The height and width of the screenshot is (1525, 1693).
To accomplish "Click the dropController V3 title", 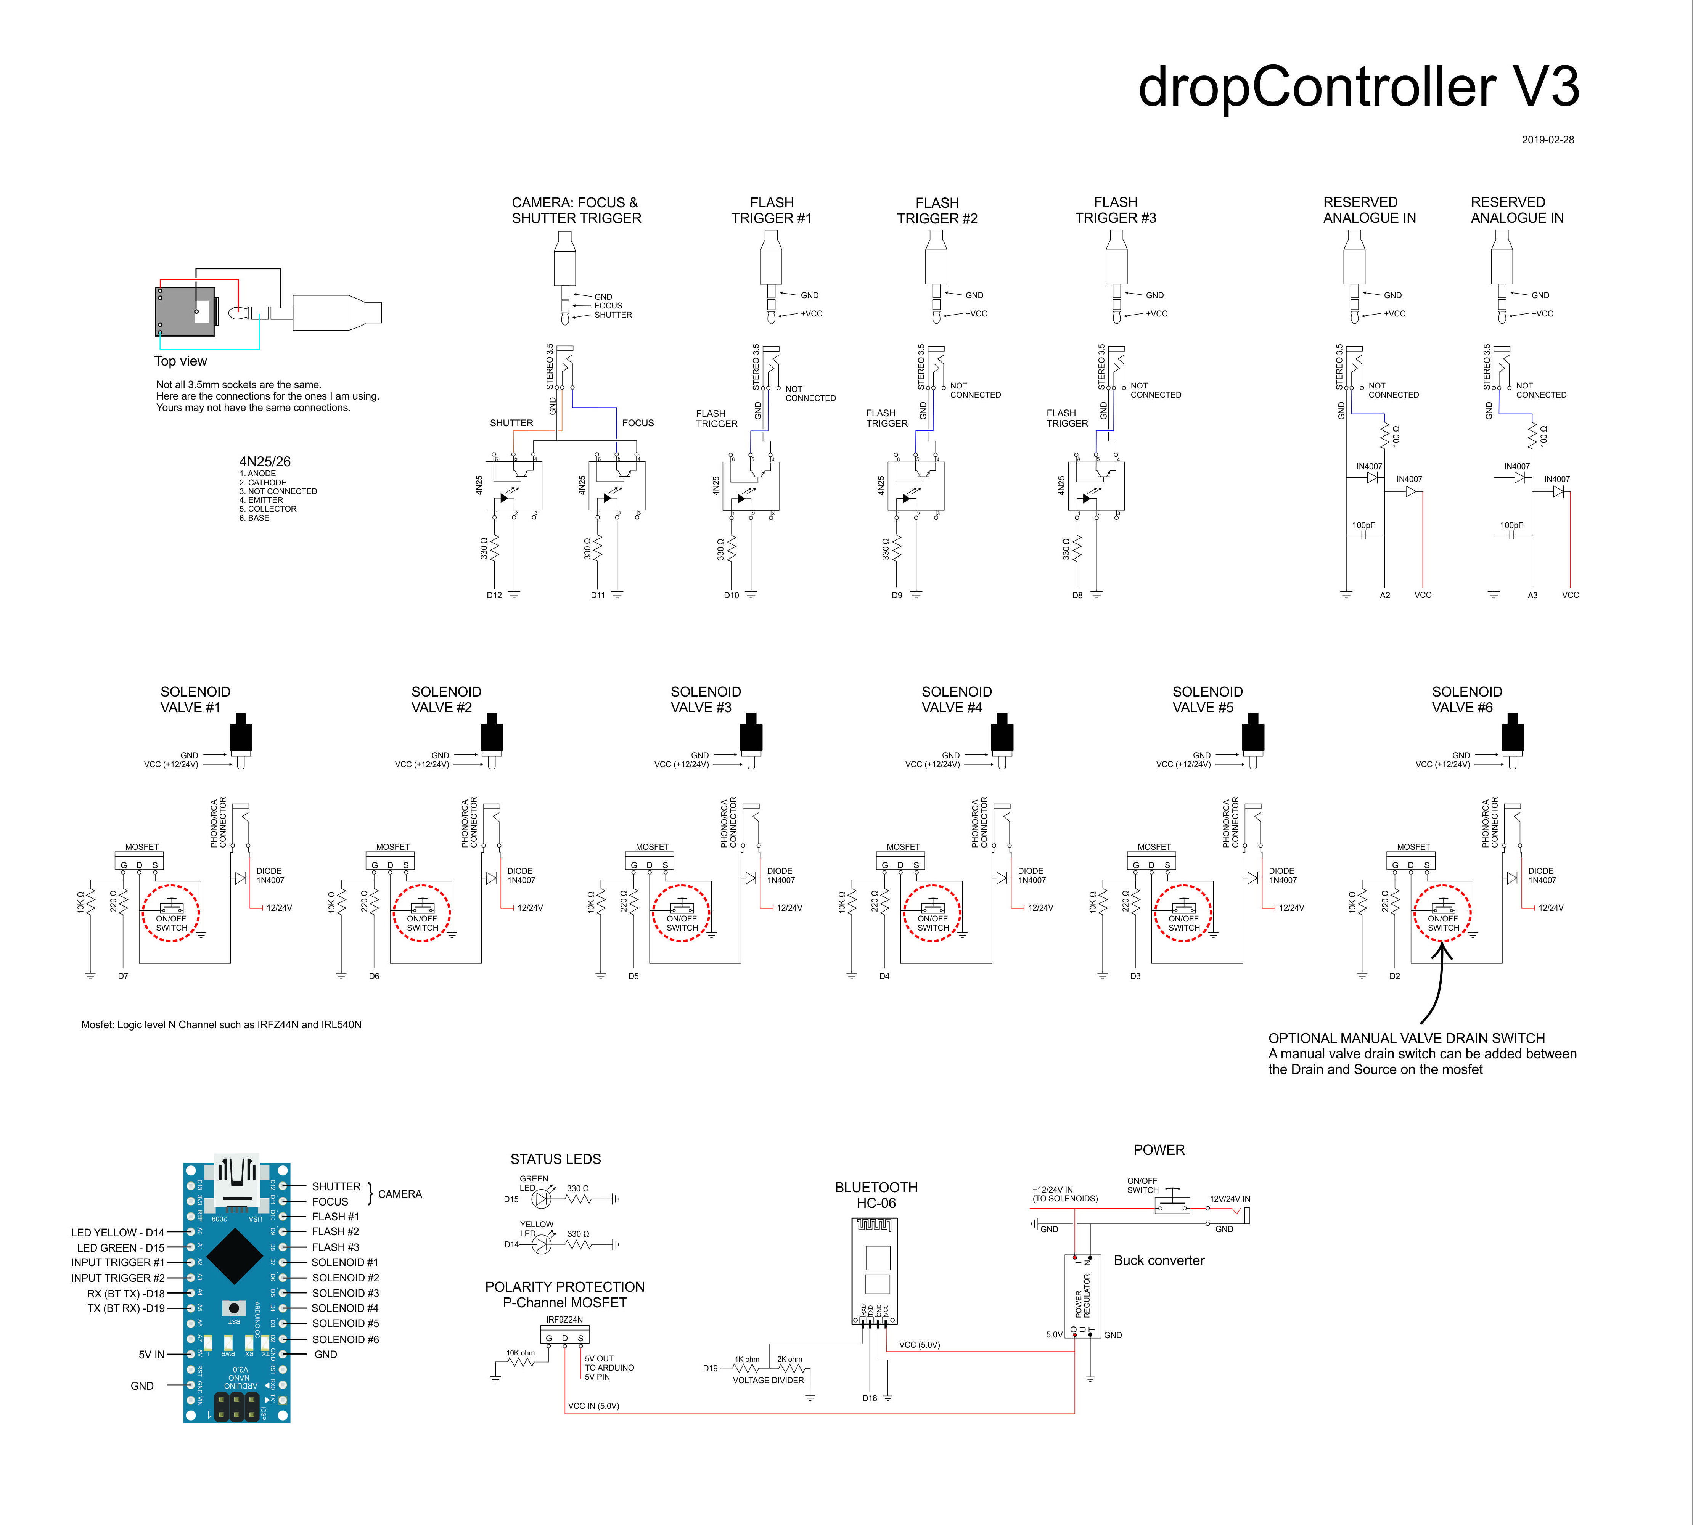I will (x=1358, y=87).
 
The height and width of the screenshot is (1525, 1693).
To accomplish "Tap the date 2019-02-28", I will (x=1547, y=140).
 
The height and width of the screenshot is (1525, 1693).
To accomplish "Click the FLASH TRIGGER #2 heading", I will (x=937, y=210).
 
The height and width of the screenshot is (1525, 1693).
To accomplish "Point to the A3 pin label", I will (x=1532, y=596).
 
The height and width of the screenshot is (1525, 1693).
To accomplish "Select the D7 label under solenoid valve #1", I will (x=123, y=976).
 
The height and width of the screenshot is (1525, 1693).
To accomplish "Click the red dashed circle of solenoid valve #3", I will (x=682, y=913).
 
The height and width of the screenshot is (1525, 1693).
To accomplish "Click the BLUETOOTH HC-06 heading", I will (x=876, y=1195).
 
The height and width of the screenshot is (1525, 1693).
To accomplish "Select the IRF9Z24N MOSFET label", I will (x=564, y=1320).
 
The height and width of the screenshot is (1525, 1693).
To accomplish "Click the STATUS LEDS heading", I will (x=556, y=1159).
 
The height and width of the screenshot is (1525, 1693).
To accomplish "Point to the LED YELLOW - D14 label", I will (x=117, y=1233).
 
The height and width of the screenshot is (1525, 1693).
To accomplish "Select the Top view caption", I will (x=180, y=361).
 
